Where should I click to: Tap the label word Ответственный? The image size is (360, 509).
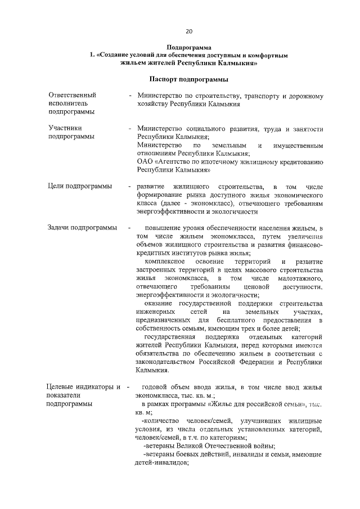[72, 95]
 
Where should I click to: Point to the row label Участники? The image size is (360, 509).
[65, 128]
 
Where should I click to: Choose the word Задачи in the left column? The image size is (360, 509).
[60, 228]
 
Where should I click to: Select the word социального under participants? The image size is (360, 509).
[211, 129]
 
